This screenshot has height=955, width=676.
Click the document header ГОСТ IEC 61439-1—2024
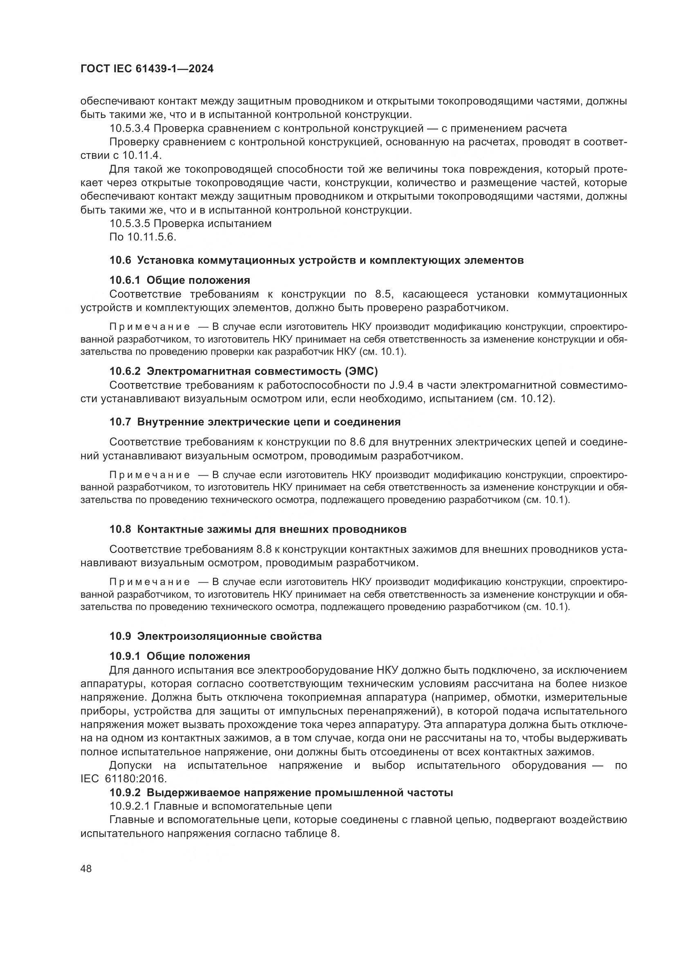[147, 69]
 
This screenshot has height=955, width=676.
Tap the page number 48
[86, 869]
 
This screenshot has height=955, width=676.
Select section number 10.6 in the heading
[120, 260]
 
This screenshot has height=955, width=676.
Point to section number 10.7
[120, 422]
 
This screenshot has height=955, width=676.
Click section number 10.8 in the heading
[120, 530]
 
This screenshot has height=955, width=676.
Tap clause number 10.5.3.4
[131, 128]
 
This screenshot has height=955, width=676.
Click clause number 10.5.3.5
[131, 224]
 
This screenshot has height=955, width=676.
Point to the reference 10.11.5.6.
[152, 237]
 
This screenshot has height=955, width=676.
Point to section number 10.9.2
[126, 792]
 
